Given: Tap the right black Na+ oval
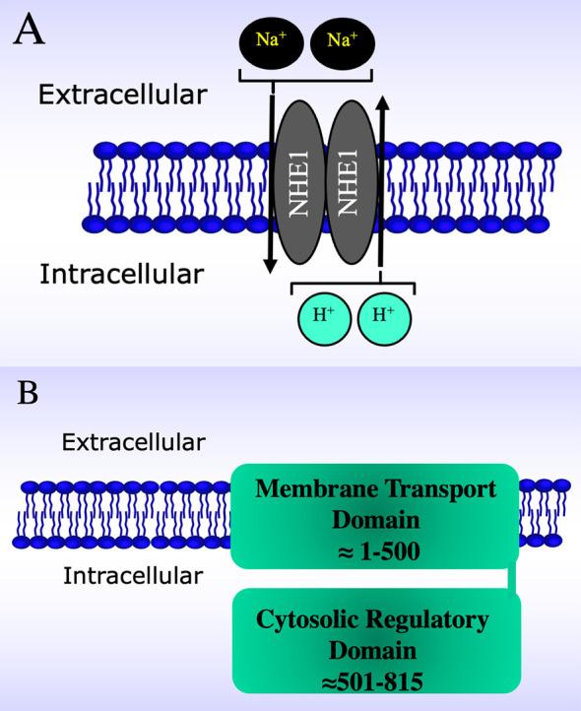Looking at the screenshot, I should [x=342, y=43].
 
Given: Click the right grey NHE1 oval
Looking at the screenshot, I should [x=351, y=184].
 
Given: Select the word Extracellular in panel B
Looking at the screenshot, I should [x=133, y=442].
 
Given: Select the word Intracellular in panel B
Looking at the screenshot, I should [x=133, y=574].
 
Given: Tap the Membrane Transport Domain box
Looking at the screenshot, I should [x=373, y=516].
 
